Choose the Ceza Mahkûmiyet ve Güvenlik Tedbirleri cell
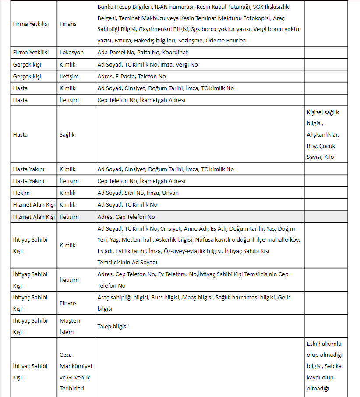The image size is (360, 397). pos(76,372)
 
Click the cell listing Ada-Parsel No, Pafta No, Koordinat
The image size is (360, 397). pos(143,52)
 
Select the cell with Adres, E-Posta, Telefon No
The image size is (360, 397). pos(131,76)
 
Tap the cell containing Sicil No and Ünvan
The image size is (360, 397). pos(138,193)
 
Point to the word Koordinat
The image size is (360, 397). pos(175,52)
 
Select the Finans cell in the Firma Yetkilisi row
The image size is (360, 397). pos(68,24)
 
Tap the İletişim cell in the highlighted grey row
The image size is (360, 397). pos(69,217)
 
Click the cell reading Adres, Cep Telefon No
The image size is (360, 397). pos(126,217)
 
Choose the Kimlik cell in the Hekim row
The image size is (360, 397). pos(67,193)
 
